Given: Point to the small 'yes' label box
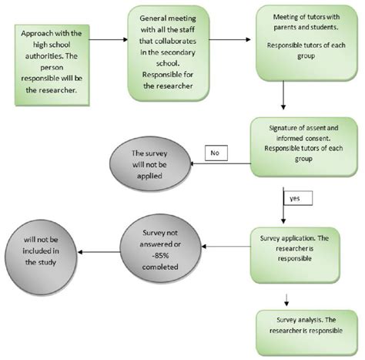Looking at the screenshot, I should pos(293,197).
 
